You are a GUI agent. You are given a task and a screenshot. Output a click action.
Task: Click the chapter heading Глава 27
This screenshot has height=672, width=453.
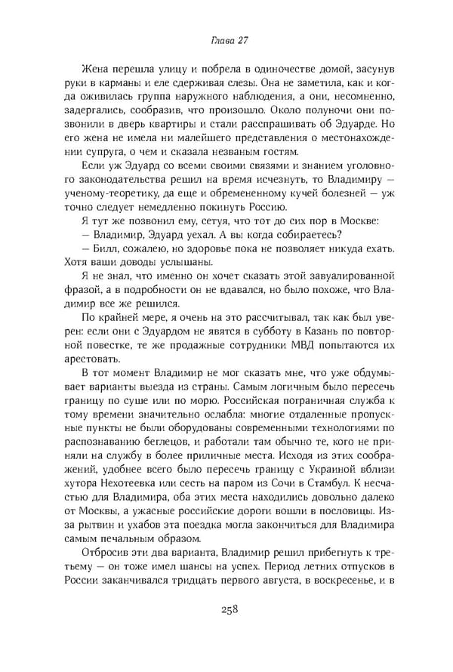coord(226,39)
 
